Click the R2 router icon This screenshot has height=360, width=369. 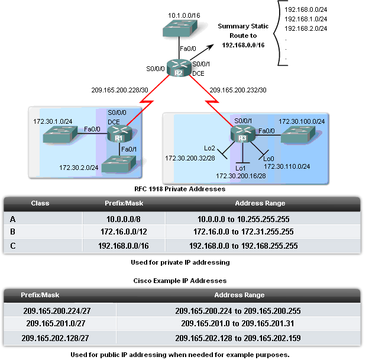(178, 67)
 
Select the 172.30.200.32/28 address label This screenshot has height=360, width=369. (189, 158)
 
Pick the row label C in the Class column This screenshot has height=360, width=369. (13, 245)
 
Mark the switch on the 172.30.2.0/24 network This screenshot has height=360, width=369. (118, 166)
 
